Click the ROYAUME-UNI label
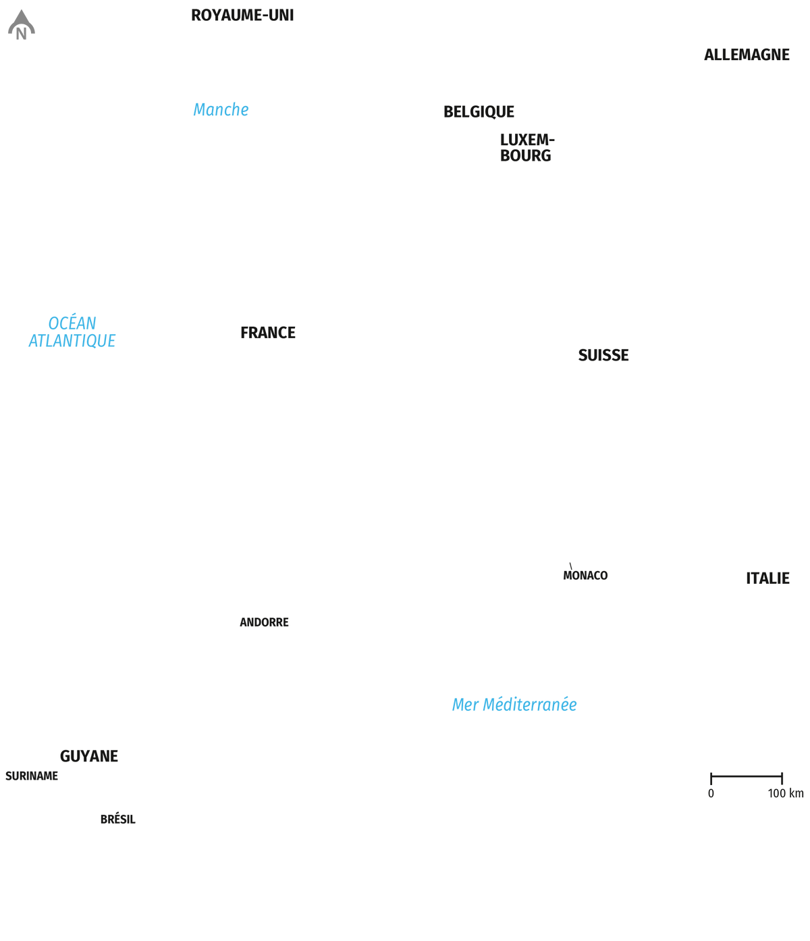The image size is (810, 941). coord(242,16)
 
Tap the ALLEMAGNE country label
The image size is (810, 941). coord(747,55)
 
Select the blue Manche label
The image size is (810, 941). coord(221,109)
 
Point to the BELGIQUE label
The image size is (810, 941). coord(479,112)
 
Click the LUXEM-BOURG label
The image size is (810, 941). coord(526,148)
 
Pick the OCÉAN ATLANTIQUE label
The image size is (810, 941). coord(72,332)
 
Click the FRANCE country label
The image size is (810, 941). coord(268,332)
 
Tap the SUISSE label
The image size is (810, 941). coord(603,356)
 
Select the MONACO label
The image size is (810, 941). coord(585,576)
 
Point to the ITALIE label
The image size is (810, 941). coord(767,579)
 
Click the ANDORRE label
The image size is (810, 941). coord(264,622)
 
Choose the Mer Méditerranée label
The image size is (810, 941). coord(514,705)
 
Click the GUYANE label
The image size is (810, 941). coord(89,757)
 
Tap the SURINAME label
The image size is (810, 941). coord(32,776)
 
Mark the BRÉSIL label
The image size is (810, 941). coord(118,819)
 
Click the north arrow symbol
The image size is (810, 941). coord(22,26)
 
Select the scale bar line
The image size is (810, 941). coord(747,776)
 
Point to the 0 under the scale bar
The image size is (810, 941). coord(711,794)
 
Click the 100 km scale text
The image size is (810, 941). coord(786,794)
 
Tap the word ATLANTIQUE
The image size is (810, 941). coord(72,342)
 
